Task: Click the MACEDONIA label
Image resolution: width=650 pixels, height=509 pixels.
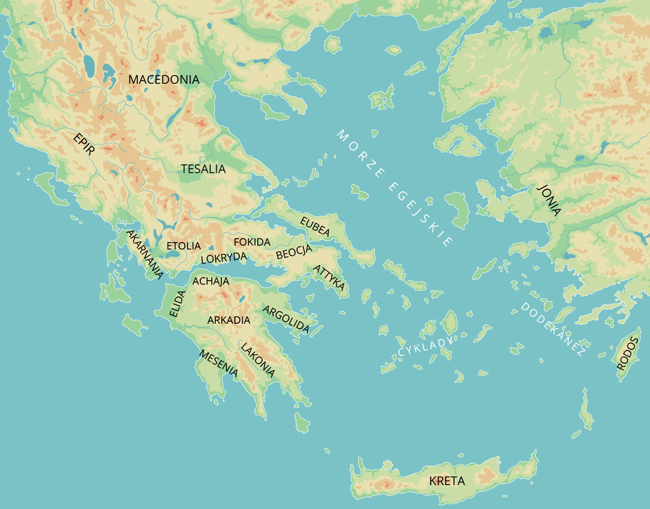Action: click(x=164, y=79)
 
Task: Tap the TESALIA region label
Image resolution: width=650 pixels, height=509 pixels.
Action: click(x=203, y=169)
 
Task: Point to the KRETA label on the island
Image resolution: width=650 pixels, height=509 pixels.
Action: click(x=447, y=481)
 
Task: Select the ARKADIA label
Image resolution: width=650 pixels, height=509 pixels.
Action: click(x=229, y=319)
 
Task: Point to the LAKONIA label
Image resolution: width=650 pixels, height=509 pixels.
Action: click(x=258, y=359)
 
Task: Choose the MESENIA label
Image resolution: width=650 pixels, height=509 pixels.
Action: click(x=218, y=363)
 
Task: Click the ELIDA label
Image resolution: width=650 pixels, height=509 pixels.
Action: click(x=177, y=303)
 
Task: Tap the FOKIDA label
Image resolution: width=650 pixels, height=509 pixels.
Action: click(x=252, y=241)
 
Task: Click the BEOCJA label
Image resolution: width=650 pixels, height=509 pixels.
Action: click(x=294, y=253)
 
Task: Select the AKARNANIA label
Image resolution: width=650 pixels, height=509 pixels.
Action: click(x=144, y=254)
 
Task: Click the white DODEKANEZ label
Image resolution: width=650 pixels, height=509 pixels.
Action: click(x=552, y=329)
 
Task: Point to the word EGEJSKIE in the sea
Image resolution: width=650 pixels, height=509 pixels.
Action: click(x=421, y=213)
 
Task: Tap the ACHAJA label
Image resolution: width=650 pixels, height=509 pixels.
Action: click(x=211, y=281)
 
